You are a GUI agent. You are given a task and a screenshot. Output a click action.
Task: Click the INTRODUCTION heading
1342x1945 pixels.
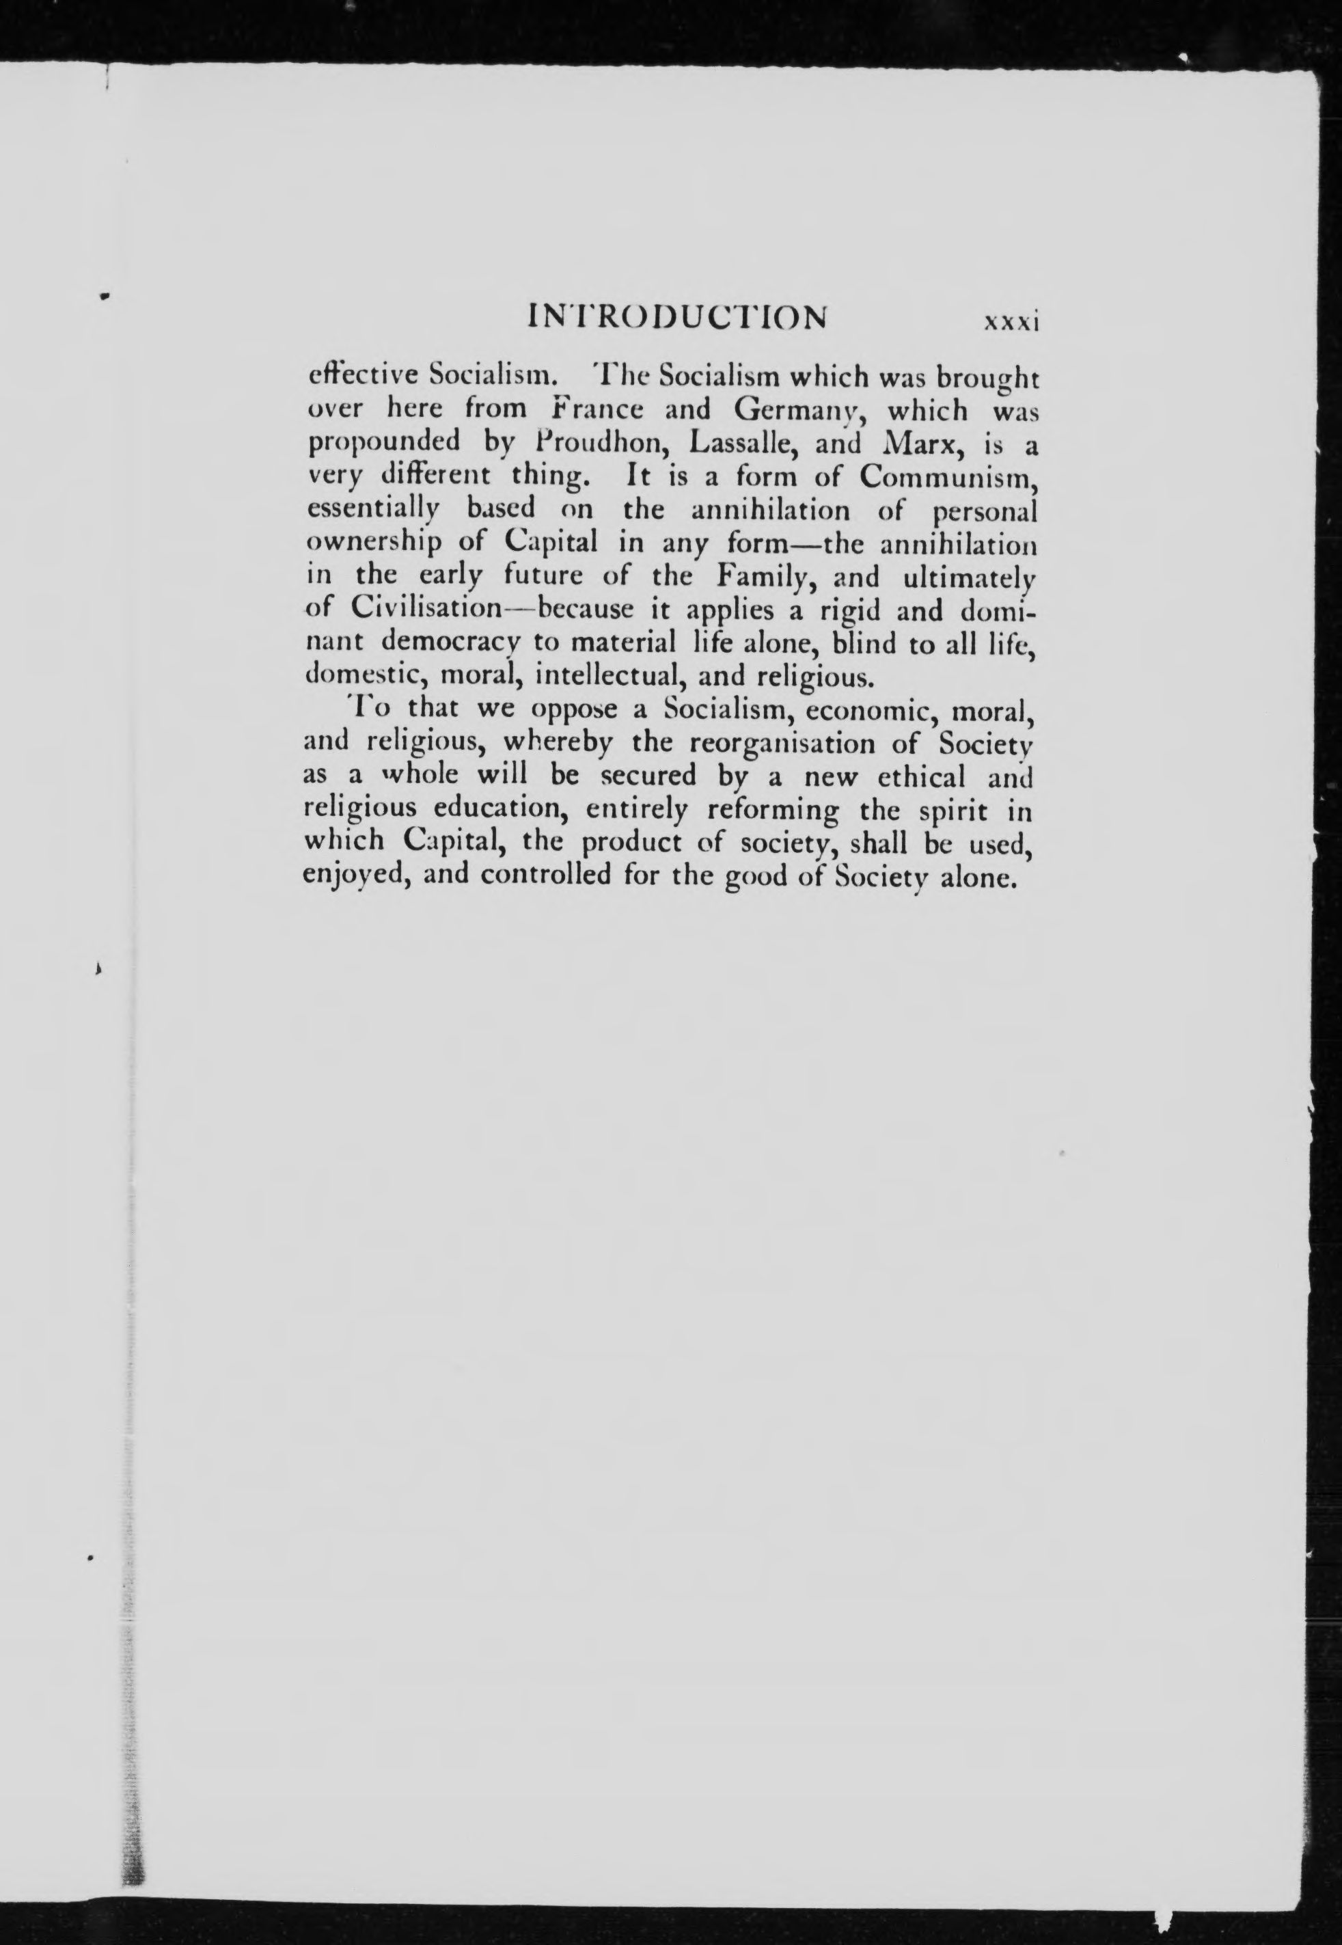676,318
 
